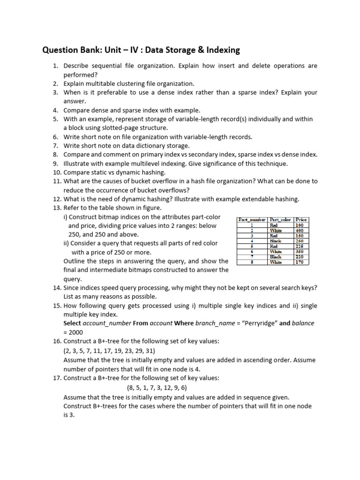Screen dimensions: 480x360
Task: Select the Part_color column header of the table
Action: coord(280,219)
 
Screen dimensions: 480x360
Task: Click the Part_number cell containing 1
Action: coord(252,225)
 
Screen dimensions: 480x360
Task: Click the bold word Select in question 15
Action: coord(72,323)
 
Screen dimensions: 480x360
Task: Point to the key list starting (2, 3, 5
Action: coord(109,351)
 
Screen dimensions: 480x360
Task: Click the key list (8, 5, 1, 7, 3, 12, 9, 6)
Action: coord(157,388)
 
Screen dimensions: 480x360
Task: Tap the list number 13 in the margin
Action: coord(57,208)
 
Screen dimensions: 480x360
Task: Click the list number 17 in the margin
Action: coord(57,378)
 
